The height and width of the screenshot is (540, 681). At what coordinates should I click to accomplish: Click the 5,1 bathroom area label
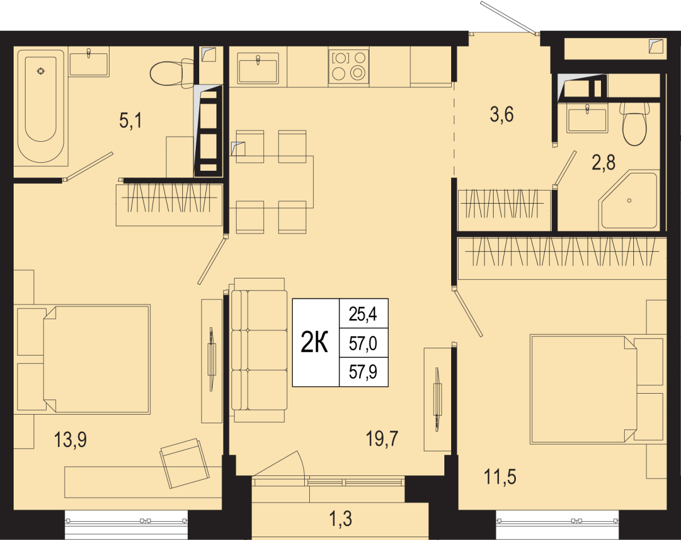(x=131, y=121)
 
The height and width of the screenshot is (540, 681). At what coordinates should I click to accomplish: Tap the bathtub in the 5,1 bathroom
(x=41, y=108)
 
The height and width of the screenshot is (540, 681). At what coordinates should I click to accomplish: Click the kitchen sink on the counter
(x=258, y=68)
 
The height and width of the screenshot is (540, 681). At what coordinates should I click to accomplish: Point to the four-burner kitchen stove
(x=348, y=67)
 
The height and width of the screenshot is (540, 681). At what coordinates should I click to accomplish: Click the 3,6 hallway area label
(x=502, y=115)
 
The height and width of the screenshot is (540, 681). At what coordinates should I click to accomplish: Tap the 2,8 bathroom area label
(x=604, y=163)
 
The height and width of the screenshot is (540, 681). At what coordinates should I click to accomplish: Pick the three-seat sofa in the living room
(x=259, y=350)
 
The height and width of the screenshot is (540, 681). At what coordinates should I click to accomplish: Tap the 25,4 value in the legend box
(x=363, y=315)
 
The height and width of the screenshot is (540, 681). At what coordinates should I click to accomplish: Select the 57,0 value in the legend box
(x=363, y=344)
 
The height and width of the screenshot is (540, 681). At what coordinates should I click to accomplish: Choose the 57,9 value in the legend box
(x=363, y=372)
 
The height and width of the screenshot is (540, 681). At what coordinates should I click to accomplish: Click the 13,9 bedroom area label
(x=70, y=440)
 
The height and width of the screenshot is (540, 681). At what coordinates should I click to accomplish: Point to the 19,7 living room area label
(x=382, y=439)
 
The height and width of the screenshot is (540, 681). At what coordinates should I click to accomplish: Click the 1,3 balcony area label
(x=341, y=519)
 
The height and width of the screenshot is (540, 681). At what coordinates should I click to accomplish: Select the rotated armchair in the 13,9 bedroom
(x=185, y=464)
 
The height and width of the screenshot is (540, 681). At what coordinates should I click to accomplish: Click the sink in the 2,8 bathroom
(x=588, y=120)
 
